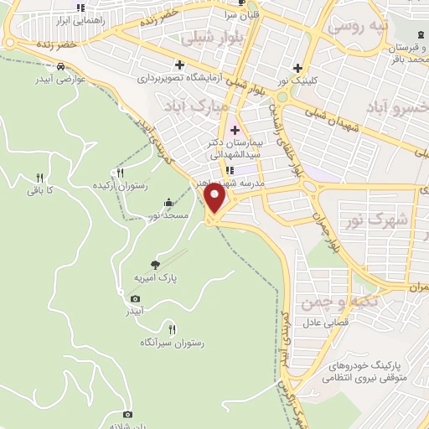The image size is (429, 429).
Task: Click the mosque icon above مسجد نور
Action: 170,203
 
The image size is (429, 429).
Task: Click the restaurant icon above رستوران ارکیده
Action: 120,171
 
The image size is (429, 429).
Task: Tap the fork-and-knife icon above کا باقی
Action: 39,178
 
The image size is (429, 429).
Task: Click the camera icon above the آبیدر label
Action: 135,298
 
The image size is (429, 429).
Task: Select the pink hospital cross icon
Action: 235,130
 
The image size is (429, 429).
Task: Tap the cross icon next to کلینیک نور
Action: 297,69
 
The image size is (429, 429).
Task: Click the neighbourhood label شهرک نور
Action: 375,221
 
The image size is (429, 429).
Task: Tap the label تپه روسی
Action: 359,26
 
